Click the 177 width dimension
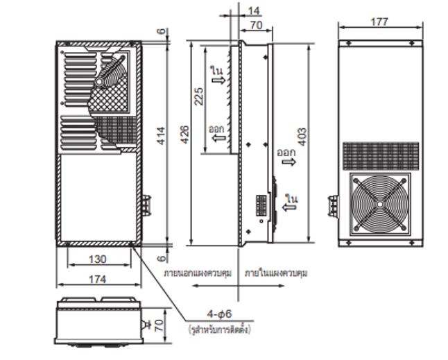pos(379,22)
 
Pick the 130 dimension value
pos(98,259)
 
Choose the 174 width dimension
pos(98,279)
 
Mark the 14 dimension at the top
pos(254,10)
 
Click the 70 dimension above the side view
pos(255,26)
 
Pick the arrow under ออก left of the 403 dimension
pos(286,162)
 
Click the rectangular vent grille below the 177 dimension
pos(381,155)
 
